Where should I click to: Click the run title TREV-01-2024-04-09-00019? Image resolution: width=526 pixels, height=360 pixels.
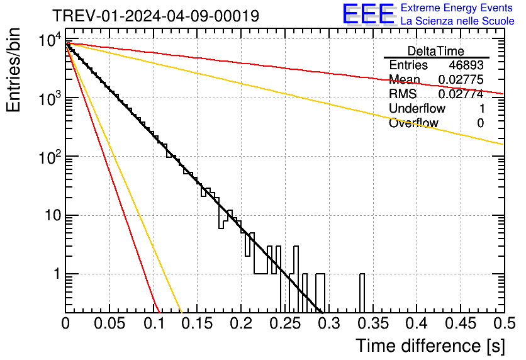click(x=155, y=16)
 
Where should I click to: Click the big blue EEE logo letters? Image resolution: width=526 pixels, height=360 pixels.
click(x=368, y=15)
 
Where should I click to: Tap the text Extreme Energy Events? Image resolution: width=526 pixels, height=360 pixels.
click(x=457, y=8)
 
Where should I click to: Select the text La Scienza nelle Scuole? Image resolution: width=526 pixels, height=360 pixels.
click(x=457, y=21)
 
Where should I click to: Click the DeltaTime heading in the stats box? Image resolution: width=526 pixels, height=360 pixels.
click(x=436, y=51)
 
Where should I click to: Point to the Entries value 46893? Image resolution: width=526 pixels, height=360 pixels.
click(x=466, y=65)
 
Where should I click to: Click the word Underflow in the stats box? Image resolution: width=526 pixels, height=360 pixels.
click(x=417, y=109)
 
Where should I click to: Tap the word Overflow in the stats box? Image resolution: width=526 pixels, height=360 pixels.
click(x=413, y=123)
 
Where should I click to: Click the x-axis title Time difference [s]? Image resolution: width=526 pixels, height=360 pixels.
click(x=430, y=346)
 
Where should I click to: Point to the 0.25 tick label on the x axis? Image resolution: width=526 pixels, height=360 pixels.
click(x=284, y=324)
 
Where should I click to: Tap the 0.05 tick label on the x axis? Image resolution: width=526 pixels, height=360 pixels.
click(x=109, y=324)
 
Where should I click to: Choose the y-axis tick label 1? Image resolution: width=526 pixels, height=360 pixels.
click(x=55, y=274)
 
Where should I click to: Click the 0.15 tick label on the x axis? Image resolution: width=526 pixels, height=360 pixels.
click(x=196, y=324)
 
